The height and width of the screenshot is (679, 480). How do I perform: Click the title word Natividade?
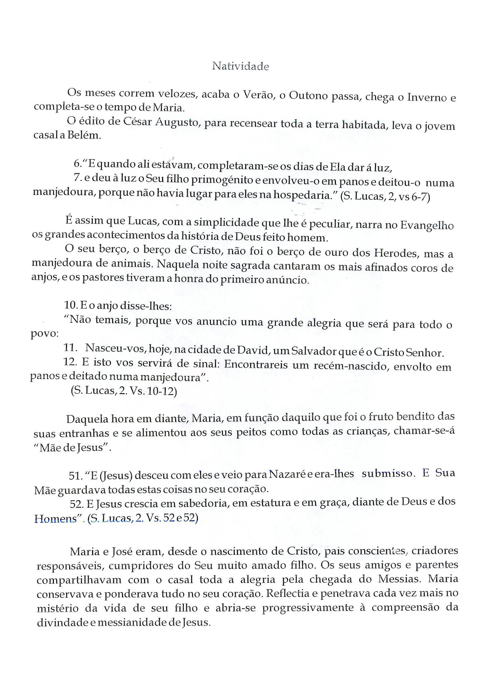(240, 66)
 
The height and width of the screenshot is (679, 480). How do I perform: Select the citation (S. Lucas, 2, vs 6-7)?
(385, 197)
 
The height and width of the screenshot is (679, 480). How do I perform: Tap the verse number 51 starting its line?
(74, 476)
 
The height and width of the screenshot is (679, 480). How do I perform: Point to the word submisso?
(387, 474)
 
